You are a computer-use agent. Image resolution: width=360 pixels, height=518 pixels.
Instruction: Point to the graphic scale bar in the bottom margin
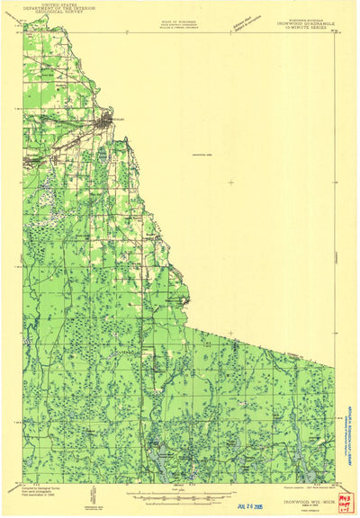click(180, 490)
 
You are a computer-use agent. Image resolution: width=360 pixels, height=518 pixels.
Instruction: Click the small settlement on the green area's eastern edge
click(186, 300)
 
